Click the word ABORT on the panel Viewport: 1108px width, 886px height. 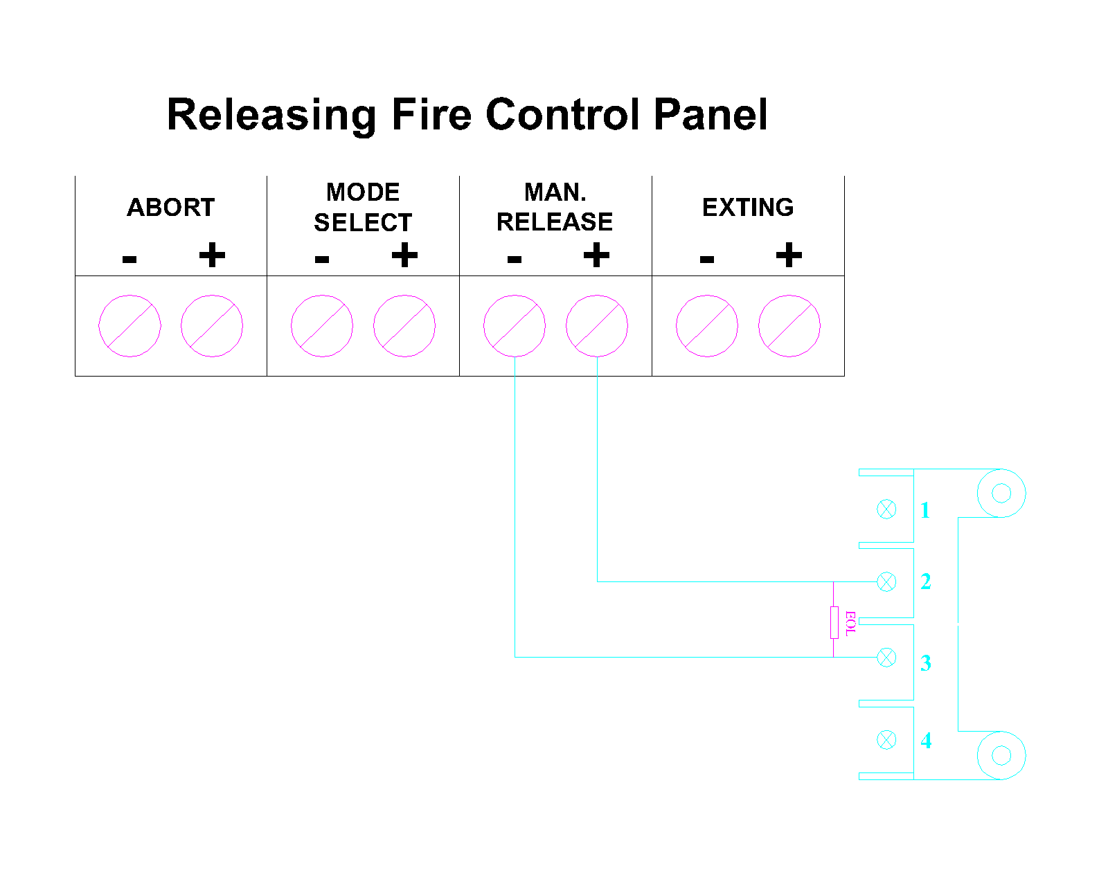pyautogui.click(x=170, y=208)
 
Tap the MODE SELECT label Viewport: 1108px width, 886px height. pyautogui.click(x=363, y=208)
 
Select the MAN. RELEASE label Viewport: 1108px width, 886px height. pyautogui.click(x=555, y=207)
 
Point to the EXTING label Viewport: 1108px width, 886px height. pyautogui.click(x=748, y=208)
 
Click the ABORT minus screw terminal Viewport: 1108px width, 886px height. pyautogui.click(x=129, y=326)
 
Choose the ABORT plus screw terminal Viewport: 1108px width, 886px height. pyautogui.click(x=212, y=326)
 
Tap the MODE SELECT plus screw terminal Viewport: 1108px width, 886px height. pyautogui.click(x=404, y=326)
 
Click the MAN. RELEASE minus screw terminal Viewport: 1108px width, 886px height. pyautogui.click(x=515, y=326)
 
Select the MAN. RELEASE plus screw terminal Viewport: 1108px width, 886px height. pyautogui.click(x=597, y=326)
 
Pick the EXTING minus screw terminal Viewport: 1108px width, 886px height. pyautogui.click(x=707, y=326)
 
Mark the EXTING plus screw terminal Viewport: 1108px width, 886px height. pyautogui.click(x=789, y=326)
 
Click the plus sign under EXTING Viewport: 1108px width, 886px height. pyautogui.click(x=789, y=255)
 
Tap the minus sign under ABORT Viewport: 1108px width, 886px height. pyautogui.click(x=129, y=258)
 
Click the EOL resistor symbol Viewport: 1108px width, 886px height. pyautogui.click(x=834, y=622)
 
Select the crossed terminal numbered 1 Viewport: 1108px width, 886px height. pyautogui.click(x=886, y=509)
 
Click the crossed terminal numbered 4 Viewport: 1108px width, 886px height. pyautogui.click(x=886, y=740)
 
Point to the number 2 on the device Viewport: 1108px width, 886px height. pyautogui.click(x=925, y=581)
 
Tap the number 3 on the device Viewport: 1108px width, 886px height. pyautogui.click(x=925, y=663)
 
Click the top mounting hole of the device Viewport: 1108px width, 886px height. pyautogui.click(x=1001, y=494)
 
